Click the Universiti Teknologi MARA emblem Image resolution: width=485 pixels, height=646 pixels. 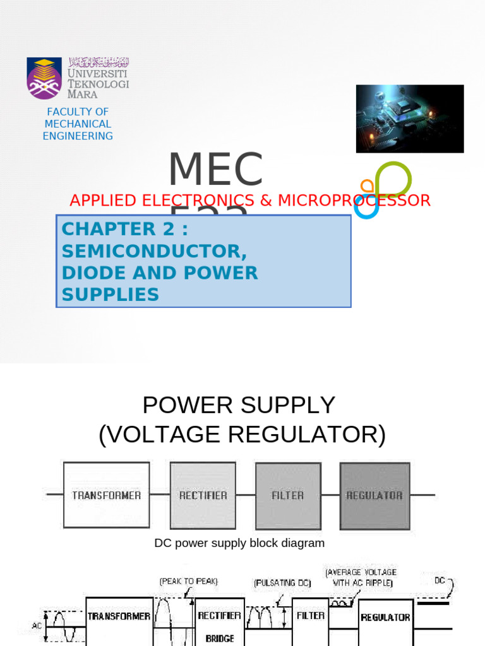44,78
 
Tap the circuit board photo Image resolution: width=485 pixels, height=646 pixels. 409,119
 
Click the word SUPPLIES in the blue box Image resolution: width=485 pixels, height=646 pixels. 110,295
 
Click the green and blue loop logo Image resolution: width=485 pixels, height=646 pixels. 383,189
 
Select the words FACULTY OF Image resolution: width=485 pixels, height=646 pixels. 78,112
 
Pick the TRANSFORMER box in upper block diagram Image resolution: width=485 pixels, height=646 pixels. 106,495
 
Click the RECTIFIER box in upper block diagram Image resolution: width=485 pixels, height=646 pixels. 203,495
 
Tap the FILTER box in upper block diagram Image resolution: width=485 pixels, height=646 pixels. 287,495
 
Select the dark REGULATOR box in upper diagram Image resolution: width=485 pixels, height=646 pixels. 374,495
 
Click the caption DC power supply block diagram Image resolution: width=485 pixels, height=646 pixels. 239,543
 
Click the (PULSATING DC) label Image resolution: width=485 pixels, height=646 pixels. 282,584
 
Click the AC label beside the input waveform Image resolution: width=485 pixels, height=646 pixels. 37,626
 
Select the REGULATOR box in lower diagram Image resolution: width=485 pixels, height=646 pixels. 385,618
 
